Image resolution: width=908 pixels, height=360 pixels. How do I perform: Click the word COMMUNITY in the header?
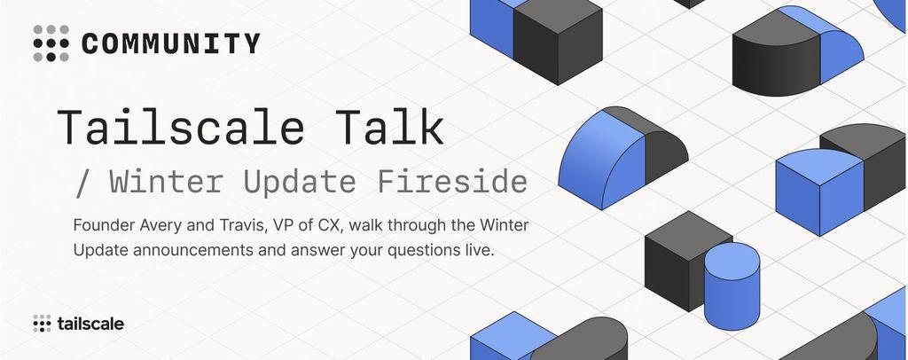171,44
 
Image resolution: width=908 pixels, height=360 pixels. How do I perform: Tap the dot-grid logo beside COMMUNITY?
51,43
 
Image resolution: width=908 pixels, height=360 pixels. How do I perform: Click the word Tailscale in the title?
181,127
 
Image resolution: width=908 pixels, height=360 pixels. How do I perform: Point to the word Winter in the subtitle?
167,182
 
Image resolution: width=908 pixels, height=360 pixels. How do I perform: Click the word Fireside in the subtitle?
452,182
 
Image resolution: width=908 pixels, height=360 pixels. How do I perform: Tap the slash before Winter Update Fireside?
83,183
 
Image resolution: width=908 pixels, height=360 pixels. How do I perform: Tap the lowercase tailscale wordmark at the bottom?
90,325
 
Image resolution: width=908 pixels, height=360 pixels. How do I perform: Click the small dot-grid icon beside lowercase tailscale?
43,324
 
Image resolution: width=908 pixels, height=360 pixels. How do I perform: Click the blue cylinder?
732,286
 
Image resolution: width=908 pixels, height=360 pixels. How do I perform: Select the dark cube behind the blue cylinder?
684,261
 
